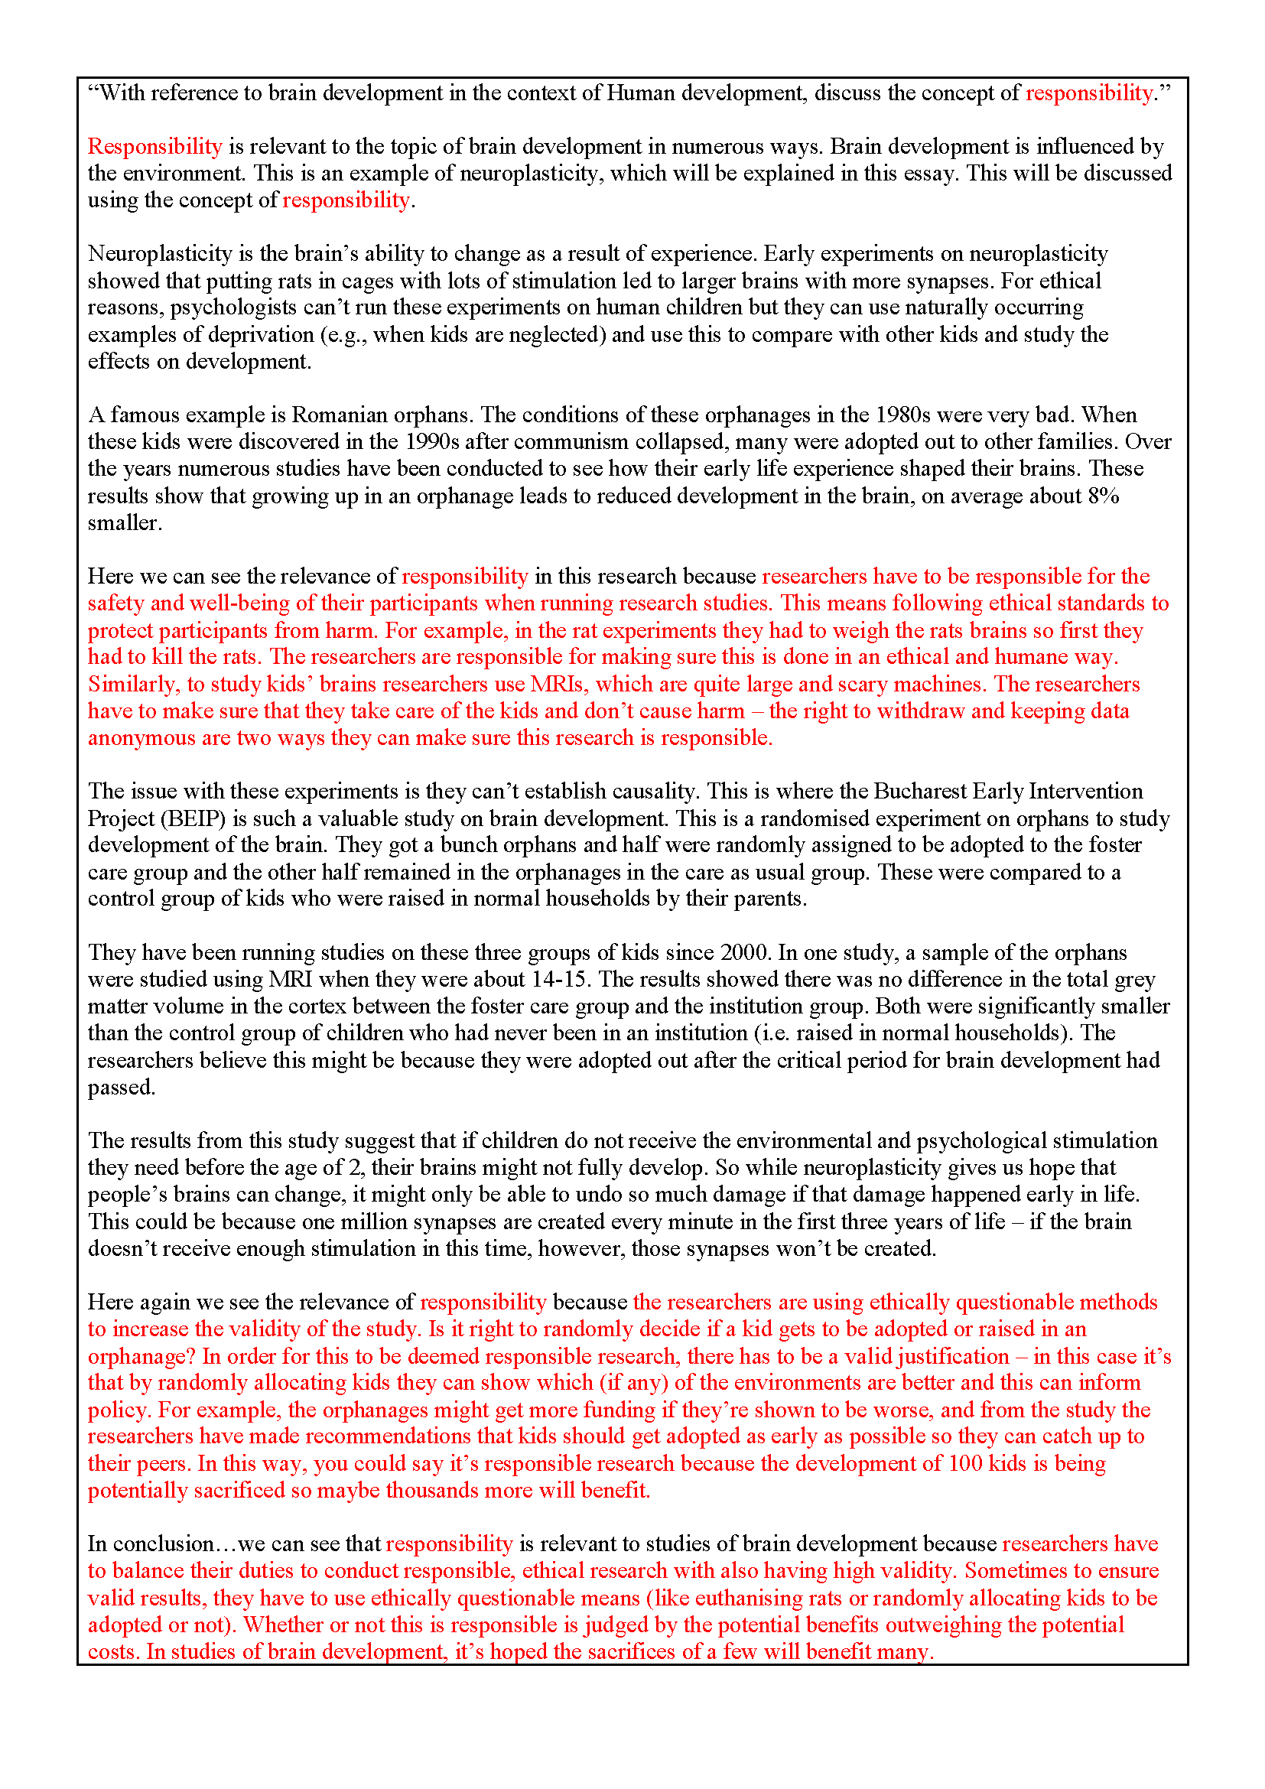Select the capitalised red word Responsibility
(x=155, y=147)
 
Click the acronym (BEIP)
(x=195, y=819)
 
